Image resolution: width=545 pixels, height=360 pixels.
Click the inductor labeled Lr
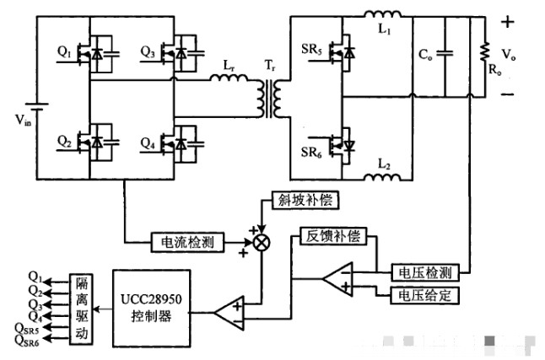pyautogui.click(x=226, y=81)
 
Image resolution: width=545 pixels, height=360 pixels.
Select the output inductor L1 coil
pyautogui.click(x=383, y=13)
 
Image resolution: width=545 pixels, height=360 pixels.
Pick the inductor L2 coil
pyautogui.click(x=383, y=177)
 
